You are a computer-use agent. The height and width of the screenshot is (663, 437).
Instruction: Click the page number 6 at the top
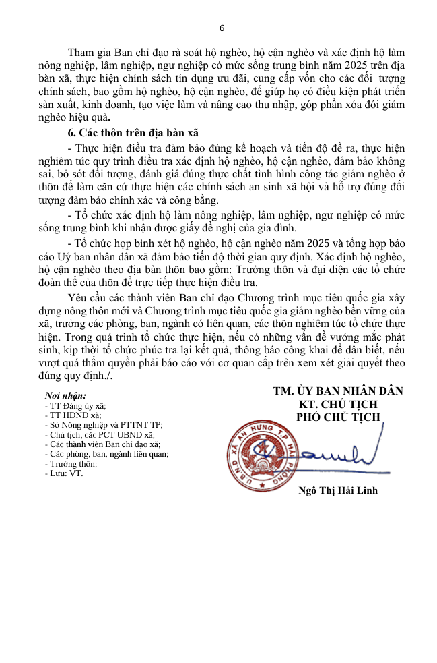222,28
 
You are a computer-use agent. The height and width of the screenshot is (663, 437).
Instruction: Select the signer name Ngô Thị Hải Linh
338,490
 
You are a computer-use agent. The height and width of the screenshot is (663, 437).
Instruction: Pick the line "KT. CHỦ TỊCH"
338,404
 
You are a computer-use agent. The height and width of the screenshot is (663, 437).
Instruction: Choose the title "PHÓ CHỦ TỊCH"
338,417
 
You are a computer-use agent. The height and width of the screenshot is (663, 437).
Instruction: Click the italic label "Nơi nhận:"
65,396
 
